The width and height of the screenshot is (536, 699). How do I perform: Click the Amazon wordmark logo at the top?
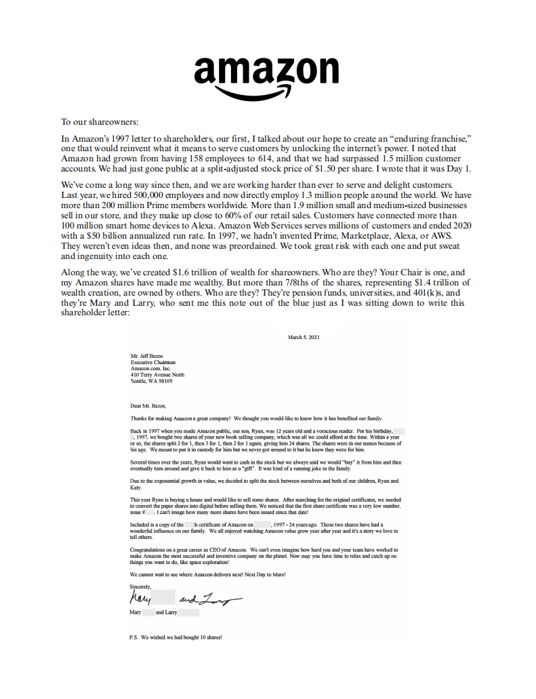point(266,70)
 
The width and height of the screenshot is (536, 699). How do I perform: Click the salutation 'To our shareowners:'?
point(99,122)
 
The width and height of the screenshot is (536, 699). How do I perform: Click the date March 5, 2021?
point(303,337)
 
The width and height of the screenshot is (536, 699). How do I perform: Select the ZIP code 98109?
point(163,381)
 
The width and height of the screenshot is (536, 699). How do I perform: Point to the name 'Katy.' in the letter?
point(136,487)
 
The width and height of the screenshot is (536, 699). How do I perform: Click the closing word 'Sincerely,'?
point(141,586)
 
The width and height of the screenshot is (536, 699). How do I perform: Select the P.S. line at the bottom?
point(176,638)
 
